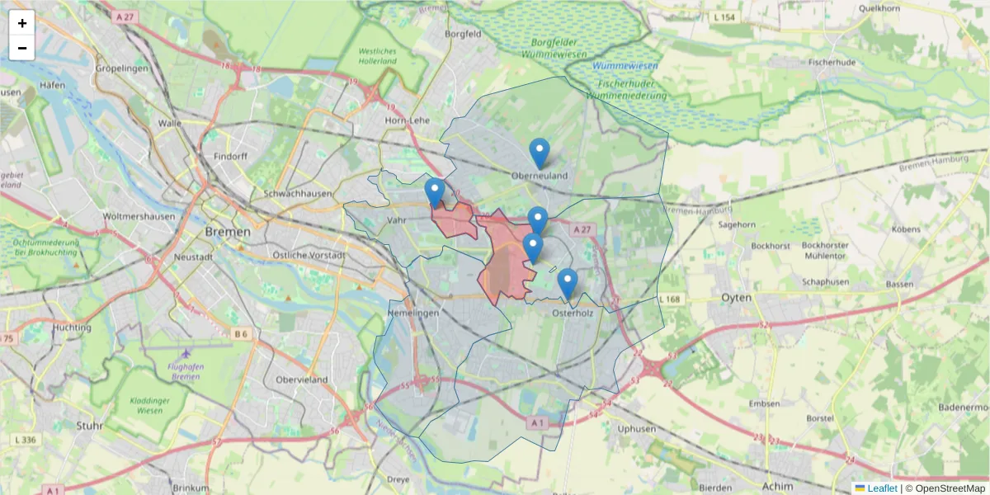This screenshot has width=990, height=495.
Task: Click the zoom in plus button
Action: [x=22, y=23]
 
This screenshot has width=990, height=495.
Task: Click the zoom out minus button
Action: [x=22, y=48]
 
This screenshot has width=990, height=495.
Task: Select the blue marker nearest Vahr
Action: [x=435, y=192]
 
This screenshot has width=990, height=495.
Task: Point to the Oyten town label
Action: [x=736, y=297]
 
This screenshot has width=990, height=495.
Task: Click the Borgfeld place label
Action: [x=463, y=35]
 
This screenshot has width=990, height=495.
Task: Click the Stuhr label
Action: [x=88, y=426]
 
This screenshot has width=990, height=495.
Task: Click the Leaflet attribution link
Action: [x=882, y=488]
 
